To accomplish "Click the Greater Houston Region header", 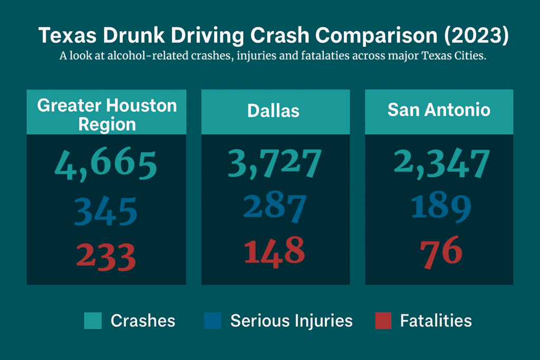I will (107, 114).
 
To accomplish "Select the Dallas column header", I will (273, 111).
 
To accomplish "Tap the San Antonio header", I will (439, 110).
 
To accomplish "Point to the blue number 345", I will (105, 211).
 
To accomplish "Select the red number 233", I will (106, 257).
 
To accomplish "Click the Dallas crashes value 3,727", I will (274, 162).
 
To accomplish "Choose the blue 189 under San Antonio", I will (441, 207).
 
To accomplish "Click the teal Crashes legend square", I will (93, 320).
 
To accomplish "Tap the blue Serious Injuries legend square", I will (213, 320).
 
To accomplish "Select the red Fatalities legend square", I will (383, 320).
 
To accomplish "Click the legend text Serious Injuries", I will (291, 320).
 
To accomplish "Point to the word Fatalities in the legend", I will (436, 320).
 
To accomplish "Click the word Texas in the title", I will (66, 36).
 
